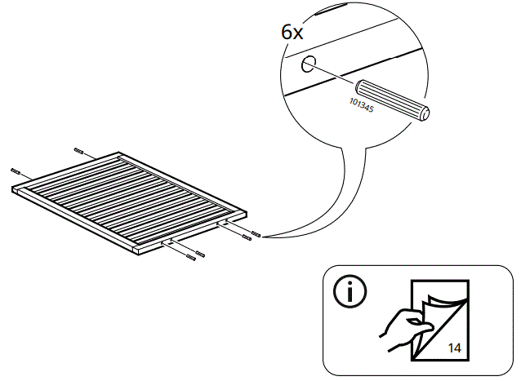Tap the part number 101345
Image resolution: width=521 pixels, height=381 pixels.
point(360,108)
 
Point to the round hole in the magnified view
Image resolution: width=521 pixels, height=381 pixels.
point(307,65)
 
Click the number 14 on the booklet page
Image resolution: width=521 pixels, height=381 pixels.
point(454,348)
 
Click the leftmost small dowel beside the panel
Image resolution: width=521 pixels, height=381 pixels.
point(16,171)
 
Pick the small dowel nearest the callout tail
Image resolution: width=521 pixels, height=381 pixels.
point(256,234)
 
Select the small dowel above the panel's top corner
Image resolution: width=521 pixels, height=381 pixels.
point(79,151)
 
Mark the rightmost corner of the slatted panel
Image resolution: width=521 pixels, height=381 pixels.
point(245,212)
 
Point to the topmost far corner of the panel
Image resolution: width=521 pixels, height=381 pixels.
point(119,153)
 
